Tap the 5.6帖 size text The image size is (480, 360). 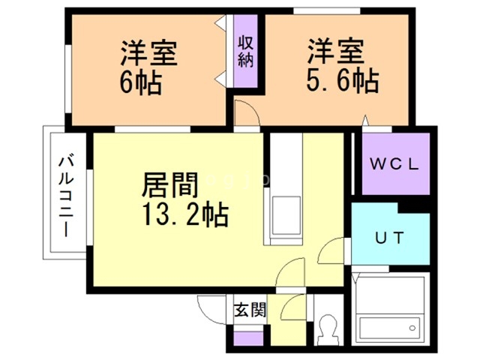[x=341, y=79]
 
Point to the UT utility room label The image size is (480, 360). [x=390, y=238]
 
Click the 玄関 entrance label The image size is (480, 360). [x=248, y=310]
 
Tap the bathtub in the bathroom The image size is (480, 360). [x=387, y=328]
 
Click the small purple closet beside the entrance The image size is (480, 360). [x=243, y=337]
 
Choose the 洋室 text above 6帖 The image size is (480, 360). [x=150, y=54]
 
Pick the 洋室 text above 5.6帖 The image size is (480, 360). [x=336, y=52]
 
